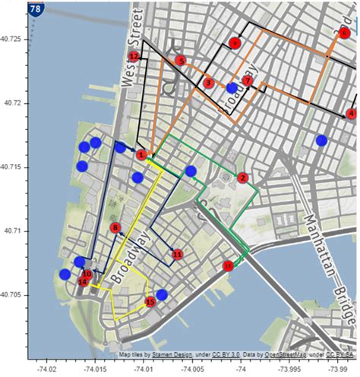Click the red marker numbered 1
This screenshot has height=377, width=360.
click(x=141, y=155)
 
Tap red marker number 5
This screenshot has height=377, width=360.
click(x=180, y=60)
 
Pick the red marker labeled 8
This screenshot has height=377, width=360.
click(x=115, y=227)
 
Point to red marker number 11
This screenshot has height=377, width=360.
click(x=177, y=255)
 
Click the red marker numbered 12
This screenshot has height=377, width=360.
click(x=134, y=56)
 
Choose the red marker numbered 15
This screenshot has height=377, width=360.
click(x=150, y=301)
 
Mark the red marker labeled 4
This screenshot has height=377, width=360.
click(x=351, y=114)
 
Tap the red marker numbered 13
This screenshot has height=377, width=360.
click(x=228, y=265)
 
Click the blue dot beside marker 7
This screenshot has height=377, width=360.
click(x=232, y=89)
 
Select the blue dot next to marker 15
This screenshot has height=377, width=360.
click(x=162, y=294)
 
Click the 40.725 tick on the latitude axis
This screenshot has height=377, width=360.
click(x=13, y=38)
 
